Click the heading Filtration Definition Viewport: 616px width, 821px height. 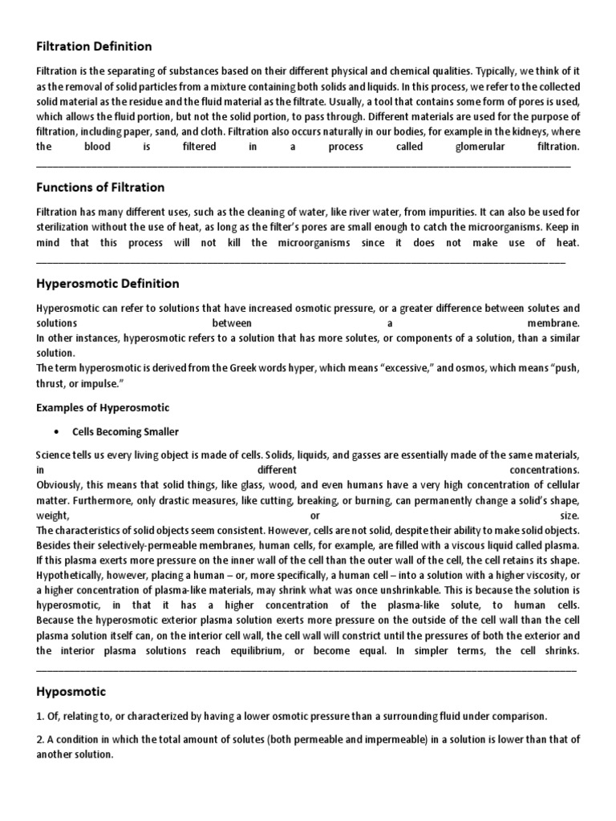tap(94, 47)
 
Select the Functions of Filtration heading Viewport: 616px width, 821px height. tap(100, 188)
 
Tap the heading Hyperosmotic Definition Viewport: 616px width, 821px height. tap(108, 284)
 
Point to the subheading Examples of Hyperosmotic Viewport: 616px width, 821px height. tap(103, 408)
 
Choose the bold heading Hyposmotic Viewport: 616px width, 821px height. tap(71, 691)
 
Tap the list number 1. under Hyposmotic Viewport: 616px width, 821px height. tap(41, 716)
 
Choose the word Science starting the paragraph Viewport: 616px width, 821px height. tap(56, 455)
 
